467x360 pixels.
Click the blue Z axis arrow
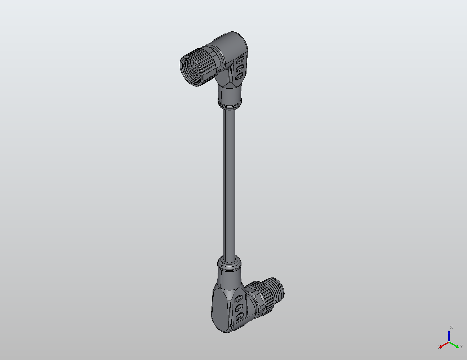pyautogui.click(x=449, y=335)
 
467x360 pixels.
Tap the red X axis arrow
pyautogui.click(x=444, y=345)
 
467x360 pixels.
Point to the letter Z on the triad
pyautogui.click(x=451, y=328)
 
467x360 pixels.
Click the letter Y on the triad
pyautogui.click(x=461, y=347)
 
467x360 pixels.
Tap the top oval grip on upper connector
pyautogui.click(x=241, y=59)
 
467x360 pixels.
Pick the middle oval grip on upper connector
pyautogui.click(x=239, y=67)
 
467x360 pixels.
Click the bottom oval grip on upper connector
pyautogui.click(x=239, y=76)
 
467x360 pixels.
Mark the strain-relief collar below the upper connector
pyautogui.click(x=230, y=102)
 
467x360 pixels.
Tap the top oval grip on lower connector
pyautogui.click(x=238, y=299)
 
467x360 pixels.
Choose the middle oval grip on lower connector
pyautogui.click(x=238, y=308)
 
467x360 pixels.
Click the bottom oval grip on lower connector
pyautogui.click(x=238, y=317)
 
